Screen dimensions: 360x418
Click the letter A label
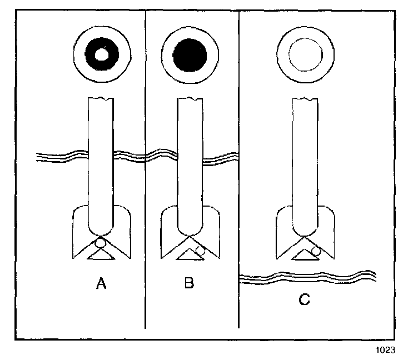(101, 284)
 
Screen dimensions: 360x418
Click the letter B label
(189, 284)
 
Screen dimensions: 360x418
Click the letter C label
(303, 300)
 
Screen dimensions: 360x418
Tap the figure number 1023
(385, 349)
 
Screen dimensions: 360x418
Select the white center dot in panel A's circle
(102, 55)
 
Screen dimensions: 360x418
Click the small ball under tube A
(101, 243)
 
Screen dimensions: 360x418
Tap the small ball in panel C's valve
(316, 251)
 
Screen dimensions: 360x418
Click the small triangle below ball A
(101, 255)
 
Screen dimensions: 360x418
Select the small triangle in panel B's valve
(190, 255)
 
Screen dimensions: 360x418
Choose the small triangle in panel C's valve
(303, 255)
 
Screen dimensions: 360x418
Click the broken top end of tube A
(101, 101)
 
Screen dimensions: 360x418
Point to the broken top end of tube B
(190, 101)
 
